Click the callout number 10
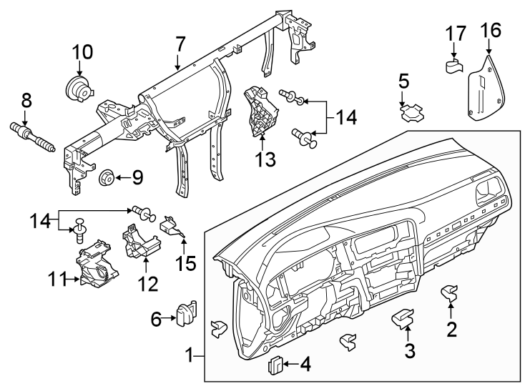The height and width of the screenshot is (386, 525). (x=82, y=52)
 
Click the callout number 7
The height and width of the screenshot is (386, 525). (x=180, y=46)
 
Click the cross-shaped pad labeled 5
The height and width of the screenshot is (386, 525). (x=411, y=113)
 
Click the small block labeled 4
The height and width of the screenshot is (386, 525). (x=275, y=367)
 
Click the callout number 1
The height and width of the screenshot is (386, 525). (x=189, y=355)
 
